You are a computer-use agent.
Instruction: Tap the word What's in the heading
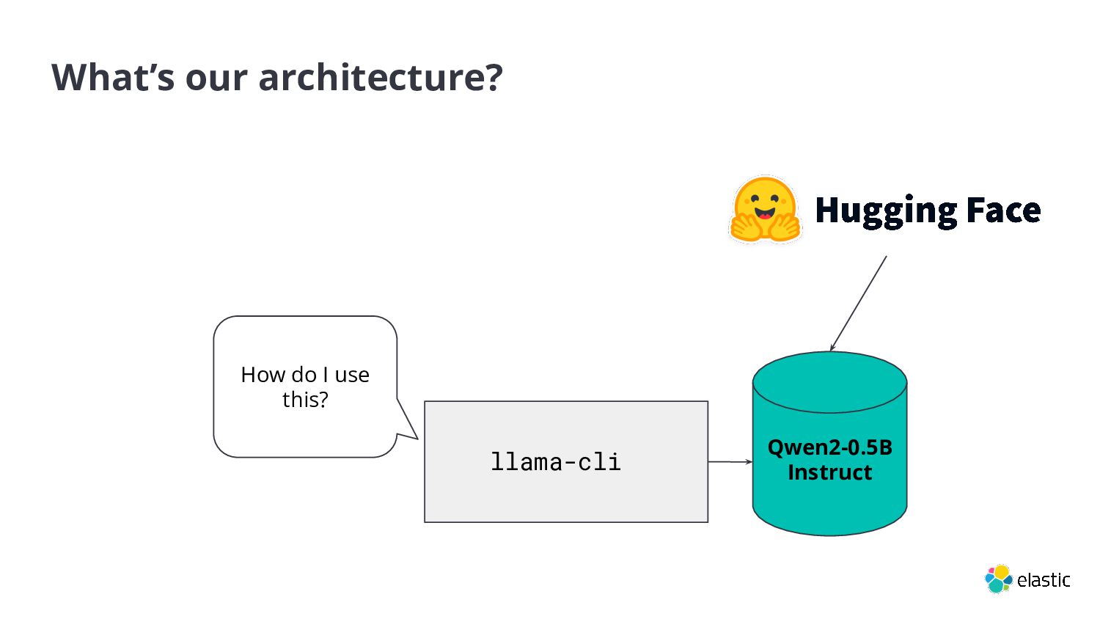pyautogui.click(x=113, y=77)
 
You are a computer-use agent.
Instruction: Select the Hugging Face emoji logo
pyautogui.click(x=765, y=210)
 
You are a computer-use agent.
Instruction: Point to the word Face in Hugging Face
pyautogui.click(x=1003, y=210)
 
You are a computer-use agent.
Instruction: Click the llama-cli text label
pyautogui.click(x=555, y=462)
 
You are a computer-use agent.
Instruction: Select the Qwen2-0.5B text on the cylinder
pyautogui.click(x=830, y=447)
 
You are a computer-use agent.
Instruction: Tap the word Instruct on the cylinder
pyautogui.click(x=830, y=472)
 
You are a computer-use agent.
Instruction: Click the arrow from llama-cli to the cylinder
pyautogui.click(x=730, y=462)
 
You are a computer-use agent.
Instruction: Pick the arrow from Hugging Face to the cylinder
pyautogui.click(x=858, y=304)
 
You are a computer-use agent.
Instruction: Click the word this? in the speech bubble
pyautogui.click(x=305, y=400)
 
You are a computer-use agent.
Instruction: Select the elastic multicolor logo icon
pyautogui.click(x=998, y=579)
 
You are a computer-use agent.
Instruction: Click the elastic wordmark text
pyautogui.click(x=1044, y=580)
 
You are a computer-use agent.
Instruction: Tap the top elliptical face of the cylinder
pyautogui.click(x=830, y=382)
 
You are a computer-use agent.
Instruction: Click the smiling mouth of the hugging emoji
pyautogui.click(x=765, y=214)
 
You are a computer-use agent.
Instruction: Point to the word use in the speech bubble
pyautogui.click(x=352, y=376)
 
